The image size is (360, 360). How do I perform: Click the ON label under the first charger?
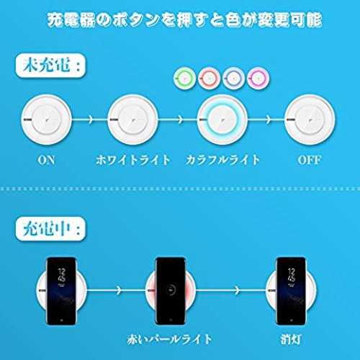(x=46, y=160)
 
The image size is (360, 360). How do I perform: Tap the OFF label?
(x=310, y=160)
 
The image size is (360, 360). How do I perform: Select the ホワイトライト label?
(x=133, y=160)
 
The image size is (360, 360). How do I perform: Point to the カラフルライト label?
(x=222, y=160)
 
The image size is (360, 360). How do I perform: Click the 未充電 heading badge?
(x=50, y=66)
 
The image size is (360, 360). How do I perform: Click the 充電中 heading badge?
(x=50, y=229)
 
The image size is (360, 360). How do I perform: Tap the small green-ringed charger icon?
(x=184, y=78)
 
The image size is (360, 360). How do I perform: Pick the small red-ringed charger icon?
(x=209, y=78)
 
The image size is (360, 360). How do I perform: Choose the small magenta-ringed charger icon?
(x=258, y=78)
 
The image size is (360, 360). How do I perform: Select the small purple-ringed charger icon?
(x=234, y=78)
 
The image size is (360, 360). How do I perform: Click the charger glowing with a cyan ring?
(x=222, y=120)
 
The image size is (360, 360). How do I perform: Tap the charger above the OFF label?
(x=310, y=120)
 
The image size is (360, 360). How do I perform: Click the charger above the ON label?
(x=46, y=120)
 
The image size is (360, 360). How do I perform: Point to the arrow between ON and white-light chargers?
(x=90, y=120)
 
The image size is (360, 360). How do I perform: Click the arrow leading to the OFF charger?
(x=266, y=120)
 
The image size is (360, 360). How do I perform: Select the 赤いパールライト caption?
(x=170, y=339)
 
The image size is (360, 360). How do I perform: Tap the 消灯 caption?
(x=291, y=339)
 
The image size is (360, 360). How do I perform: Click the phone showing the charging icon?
(x=171, y=291)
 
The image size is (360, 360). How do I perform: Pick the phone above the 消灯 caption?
(x=291, y=291)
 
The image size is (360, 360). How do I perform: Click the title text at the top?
(x=184, y=20)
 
